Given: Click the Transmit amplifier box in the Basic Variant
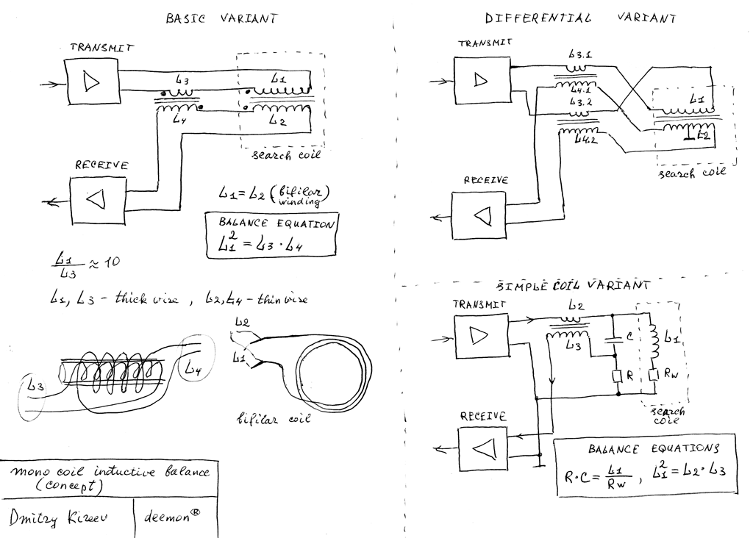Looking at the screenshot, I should tap(92, 80).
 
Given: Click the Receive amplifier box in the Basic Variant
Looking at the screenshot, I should tap(97, 200).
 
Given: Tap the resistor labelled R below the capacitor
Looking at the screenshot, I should tap(618, 376).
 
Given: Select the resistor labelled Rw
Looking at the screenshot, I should tap(654, 376).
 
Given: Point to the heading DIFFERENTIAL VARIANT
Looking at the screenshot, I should tap(579, 18).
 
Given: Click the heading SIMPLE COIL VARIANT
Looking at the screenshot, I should tap(574, 285).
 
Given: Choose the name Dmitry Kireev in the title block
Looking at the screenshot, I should tap(59, 517).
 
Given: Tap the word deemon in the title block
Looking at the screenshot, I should tap(171, 517).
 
